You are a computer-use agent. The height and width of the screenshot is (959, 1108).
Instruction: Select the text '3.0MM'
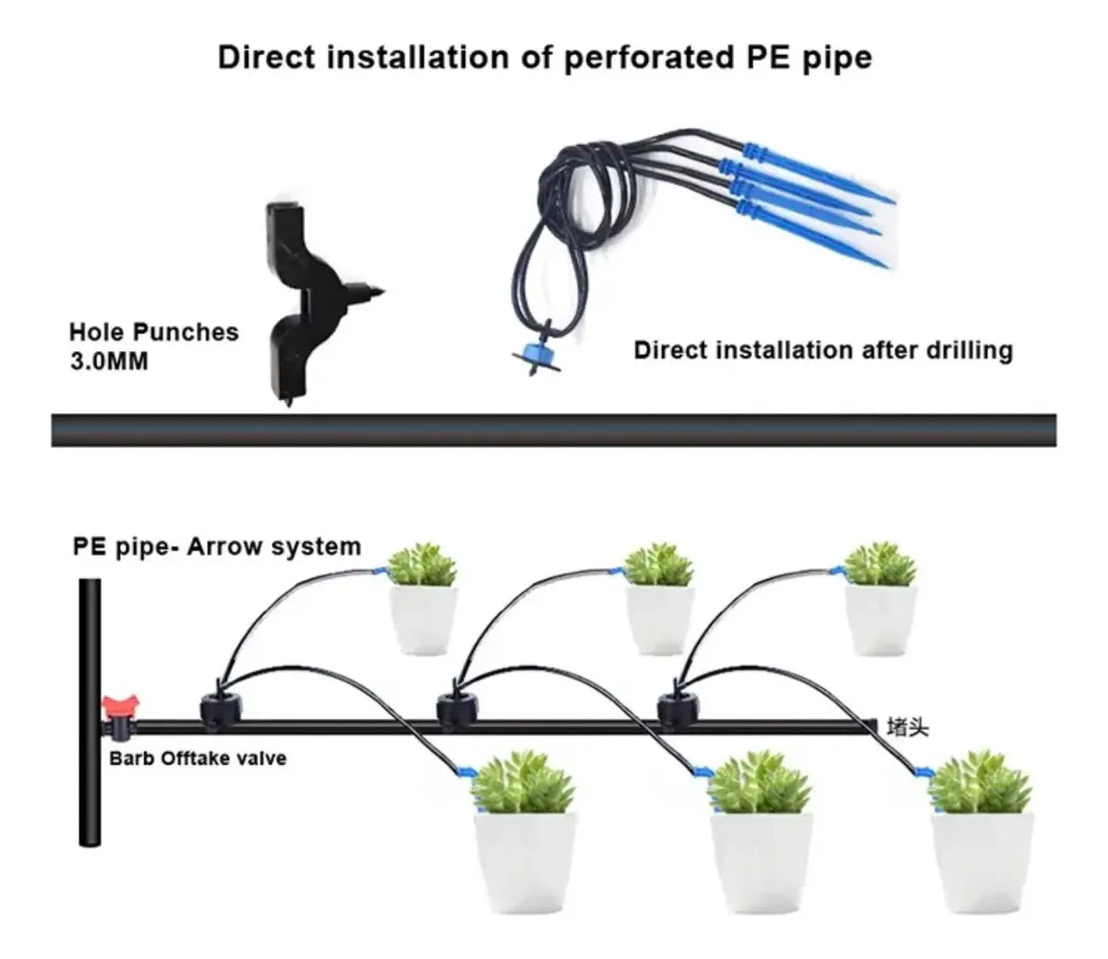tap(109, 361)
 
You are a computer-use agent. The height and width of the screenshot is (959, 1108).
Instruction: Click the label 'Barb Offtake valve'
tap(198, 759)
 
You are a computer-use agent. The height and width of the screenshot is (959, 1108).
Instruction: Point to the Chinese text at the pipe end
tap(907, 728)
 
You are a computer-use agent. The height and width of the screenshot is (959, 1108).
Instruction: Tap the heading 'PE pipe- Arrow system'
tap(217, 547)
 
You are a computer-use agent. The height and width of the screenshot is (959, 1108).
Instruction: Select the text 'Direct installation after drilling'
tap(824, 351)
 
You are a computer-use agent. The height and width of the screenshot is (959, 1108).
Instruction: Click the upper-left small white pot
tap(424, 621)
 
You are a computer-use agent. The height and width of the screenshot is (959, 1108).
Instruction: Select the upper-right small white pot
tap(881, 621)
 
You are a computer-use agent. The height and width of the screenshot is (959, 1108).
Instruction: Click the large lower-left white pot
tap(526, 864)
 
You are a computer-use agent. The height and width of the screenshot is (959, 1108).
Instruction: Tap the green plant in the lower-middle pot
tap(760, 783)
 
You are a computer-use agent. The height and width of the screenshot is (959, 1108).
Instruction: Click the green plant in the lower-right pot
tap(981, 783)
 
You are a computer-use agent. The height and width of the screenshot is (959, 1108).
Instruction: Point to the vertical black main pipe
tap(90, 712)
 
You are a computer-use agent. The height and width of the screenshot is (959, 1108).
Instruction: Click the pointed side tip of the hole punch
tap(384, 292)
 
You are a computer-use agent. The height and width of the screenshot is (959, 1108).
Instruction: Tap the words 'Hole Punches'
tap(154, 333)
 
